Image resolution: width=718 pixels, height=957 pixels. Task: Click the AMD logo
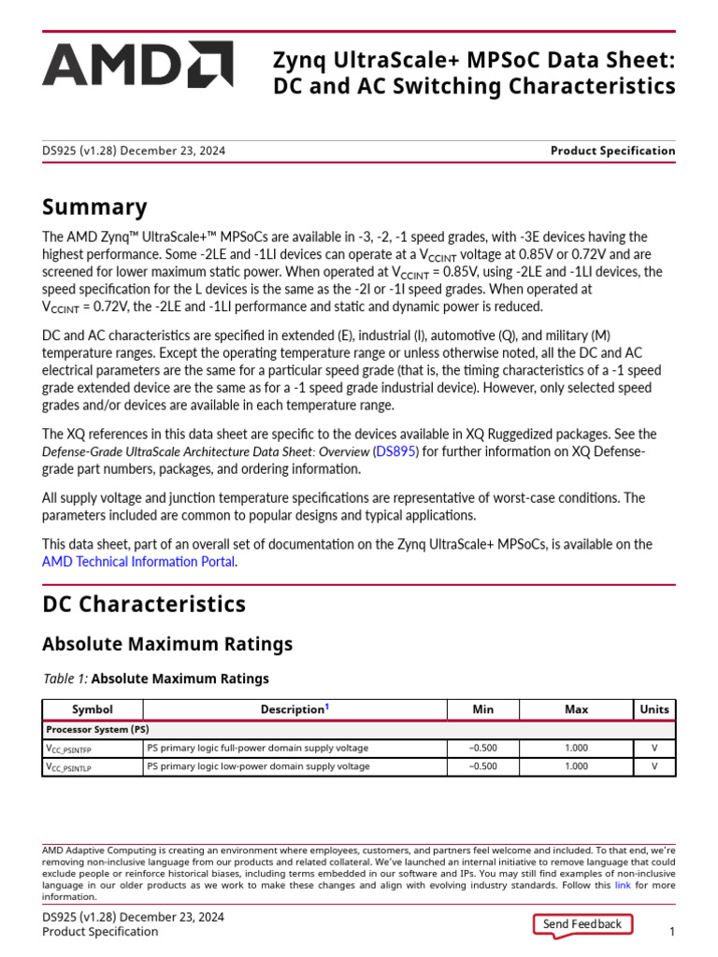click(x=136, y=64)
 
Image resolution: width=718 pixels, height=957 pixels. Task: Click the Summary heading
click(x=94, y=207)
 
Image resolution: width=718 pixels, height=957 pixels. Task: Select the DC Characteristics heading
click(x=144, y=604)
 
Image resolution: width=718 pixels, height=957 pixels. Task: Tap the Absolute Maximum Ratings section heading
click(x=167, y=644)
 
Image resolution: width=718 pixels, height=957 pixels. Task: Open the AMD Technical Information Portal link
click(x=138, y=562)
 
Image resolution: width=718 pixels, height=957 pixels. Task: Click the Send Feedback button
click(x=582, y=924)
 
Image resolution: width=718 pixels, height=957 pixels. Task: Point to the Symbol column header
click(x=92, y=709)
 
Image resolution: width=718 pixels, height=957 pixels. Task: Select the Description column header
click(x=294, y=709)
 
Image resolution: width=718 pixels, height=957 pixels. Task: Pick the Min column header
click(x=483, y=709)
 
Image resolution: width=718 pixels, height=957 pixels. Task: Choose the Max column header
click(x=577, y=709)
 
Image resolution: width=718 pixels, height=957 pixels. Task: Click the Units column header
click(x=654, y=709)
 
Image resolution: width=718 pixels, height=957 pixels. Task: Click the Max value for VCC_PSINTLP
click(x=577, y=766)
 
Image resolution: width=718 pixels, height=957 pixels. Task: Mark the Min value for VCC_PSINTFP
click(x=483, y=749)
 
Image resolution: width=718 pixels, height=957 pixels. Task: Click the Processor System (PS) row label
click(x=96, y=729)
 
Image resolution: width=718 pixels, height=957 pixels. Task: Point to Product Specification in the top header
click(x=612, y=150)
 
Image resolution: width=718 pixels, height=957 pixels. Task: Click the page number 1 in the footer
click(x=671, y=932)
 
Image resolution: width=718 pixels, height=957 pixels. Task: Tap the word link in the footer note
click(x=622, y=885)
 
